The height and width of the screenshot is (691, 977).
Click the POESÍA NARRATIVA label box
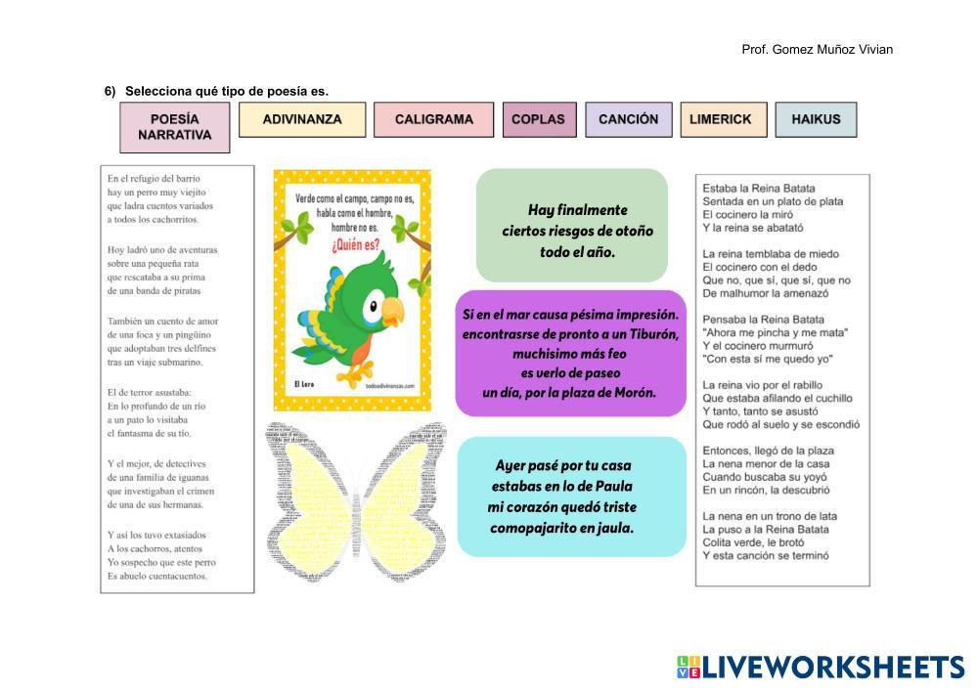pos(174,127)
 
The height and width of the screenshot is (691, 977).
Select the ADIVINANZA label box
pos(302,119)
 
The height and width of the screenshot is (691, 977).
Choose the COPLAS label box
pos(538,119)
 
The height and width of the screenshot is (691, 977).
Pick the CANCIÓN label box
pos(628,119)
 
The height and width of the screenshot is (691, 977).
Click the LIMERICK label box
pos(720,119)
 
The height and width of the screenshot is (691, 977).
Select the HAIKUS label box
pos(816,119)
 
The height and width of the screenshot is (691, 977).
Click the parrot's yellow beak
pos(391,311)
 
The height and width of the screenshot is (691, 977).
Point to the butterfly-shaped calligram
pos(356,500)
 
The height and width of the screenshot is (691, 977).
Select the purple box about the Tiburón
pos(571,352)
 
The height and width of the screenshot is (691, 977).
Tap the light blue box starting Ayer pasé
pos(571,497)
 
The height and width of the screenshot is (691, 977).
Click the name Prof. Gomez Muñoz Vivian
pos(817,50)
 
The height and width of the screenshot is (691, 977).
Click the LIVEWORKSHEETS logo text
pos(831,668)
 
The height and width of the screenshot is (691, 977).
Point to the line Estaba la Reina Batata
pos(759,188)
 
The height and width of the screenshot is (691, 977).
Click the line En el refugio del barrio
pos(154,179)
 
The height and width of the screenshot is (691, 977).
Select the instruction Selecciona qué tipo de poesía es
pos(226,92)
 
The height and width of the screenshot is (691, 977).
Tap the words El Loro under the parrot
pos(303,386)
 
